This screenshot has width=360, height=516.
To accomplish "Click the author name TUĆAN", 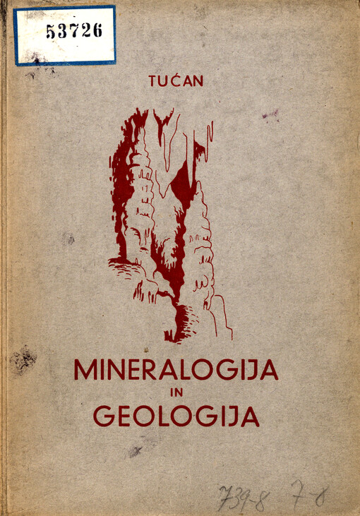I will coord(176,80).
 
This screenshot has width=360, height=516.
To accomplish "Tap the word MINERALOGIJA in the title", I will coord(176,370).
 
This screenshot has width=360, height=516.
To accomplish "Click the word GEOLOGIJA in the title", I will coord(176,416).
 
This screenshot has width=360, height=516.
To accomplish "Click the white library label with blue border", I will coord(64,35).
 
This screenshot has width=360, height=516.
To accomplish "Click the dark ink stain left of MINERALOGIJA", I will coord(23,361).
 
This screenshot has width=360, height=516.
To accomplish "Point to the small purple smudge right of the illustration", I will coord(270,114).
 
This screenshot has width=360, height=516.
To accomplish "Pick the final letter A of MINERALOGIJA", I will coord(269,370).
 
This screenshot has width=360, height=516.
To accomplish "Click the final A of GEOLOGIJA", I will coord(250,416).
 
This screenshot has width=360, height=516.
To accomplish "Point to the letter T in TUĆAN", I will coord(153,80).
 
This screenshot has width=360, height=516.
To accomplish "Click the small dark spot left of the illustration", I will coord(68,239).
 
